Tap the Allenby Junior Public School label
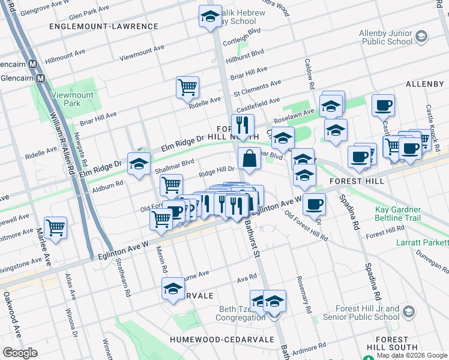point(386,37)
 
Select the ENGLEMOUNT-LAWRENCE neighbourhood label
point(104,26)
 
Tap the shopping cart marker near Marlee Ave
point(55,228)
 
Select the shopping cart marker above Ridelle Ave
point(187,87)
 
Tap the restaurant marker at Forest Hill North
point(243,125)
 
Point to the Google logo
point(20,353)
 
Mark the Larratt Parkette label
point(422,242)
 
